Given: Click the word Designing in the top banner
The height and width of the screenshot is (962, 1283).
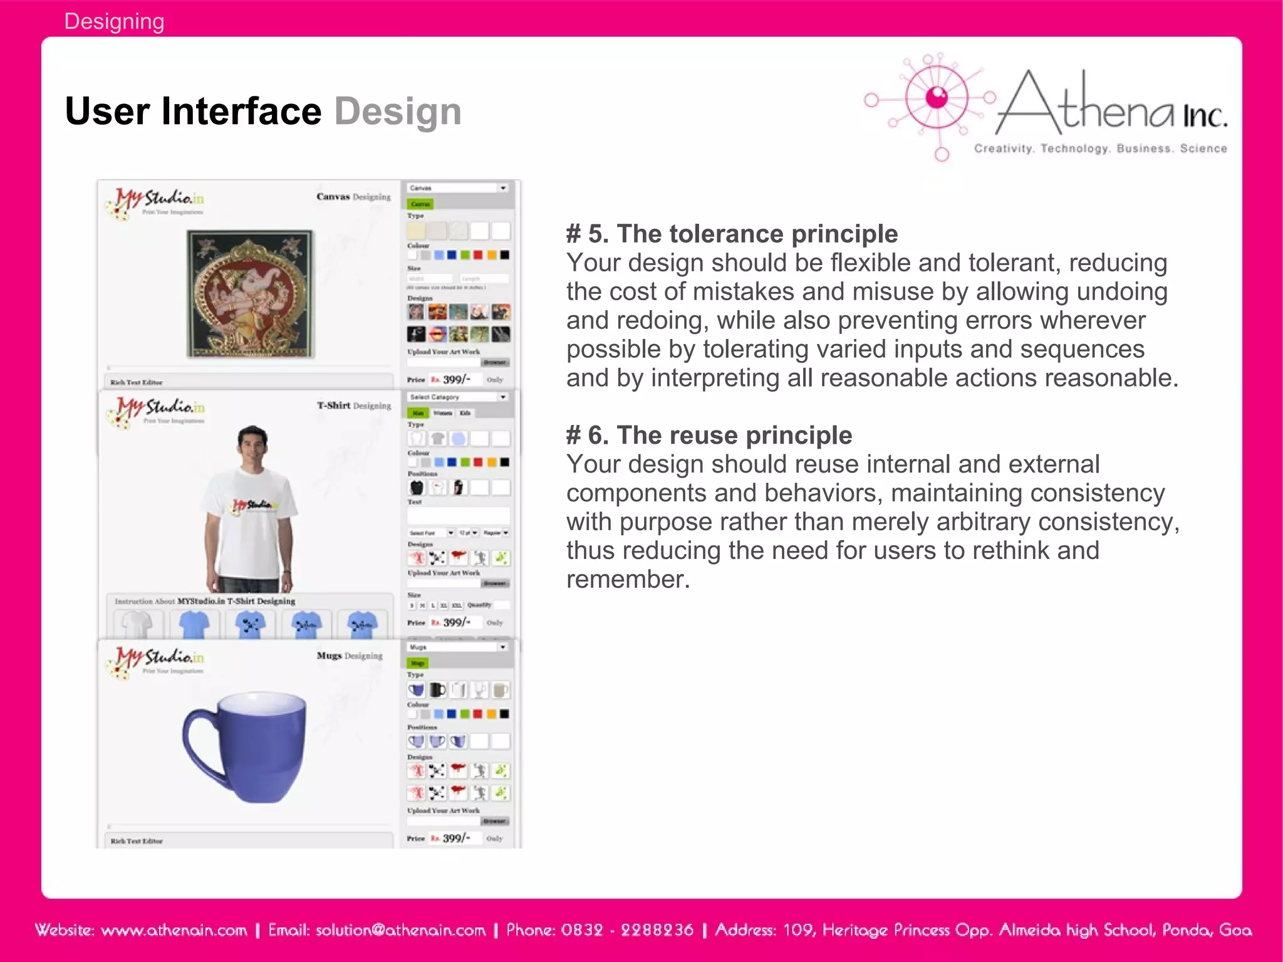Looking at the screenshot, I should pos(114,21).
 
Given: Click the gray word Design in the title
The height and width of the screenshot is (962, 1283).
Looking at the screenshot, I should pos(398,112).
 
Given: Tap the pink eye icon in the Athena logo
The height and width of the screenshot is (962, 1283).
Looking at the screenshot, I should pos(937,97).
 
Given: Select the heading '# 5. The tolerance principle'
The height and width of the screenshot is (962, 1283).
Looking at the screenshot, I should pos(732,234).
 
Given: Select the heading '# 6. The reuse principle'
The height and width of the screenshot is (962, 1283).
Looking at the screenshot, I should pos(709,435).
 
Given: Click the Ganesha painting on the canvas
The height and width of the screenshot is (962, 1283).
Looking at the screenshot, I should pos(251,293).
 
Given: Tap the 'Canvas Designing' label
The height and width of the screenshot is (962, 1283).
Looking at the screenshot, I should pos(353,197).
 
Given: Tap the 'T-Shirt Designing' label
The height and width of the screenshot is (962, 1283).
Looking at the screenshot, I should pos(354,405).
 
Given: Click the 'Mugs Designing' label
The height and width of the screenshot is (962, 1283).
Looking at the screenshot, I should pos(350,656).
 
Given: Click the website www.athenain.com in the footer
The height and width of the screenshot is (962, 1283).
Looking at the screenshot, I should pos(174,930).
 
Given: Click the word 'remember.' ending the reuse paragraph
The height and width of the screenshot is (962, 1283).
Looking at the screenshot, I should pos(628,579).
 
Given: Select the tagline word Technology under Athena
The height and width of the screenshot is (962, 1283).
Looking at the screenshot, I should pos(1075,149).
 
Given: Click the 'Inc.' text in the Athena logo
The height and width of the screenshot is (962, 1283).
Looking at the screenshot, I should pos(1204,117).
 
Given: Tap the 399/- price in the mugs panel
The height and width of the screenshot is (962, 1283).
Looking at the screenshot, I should pos(456,838).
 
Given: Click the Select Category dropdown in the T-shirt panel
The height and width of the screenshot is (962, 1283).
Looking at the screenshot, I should pos(458,397).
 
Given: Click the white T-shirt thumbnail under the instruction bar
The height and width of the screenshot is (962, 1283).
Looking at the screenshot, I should pos(137,624).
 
